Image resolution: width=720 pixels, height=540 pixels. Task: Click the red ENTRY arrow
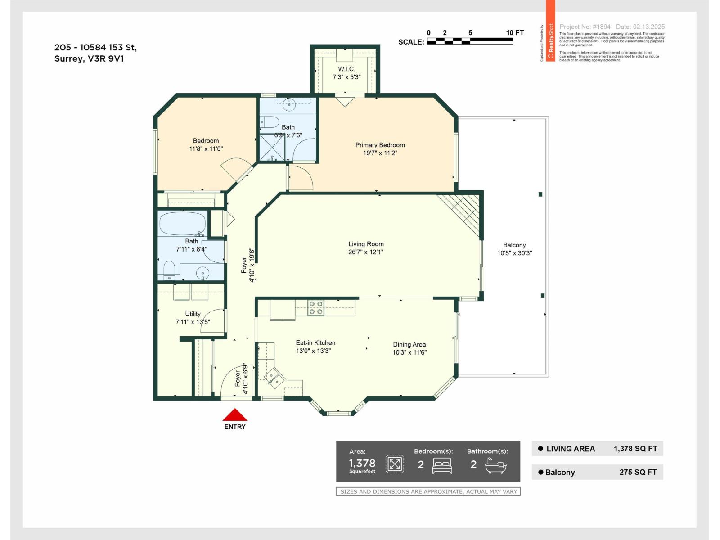235,415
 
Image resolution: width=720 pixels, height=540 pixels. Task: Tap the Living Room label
366,244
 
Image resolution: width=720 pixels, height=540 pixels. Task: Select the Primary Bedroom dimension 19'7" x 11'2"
380,153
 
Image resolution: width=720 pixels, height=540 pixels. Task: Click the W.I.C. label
346,69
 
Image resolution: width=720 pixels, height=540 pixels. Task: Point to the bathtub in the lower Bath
182,224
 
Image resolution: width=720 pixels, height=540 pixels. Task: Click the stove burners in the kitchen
316,308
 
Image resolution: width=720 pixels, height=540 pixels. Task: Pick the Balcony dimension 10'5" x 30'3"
514,253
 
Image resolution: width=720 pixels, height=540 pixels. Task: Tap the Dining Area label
409,344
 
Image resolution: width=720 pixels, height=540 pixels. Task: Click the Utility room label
193,314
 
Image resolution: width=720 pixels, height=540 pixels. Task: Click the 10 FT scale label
515,33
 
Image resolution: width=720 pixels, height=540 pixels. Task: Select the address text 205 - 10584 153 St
95,47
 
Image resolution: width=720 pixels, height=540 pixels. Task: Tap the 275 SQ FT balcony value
638,472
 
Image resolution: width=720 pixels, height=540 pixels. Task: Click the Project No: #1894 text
585,27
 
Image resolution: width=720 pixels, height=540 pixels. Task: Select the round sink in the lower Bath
203,273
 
